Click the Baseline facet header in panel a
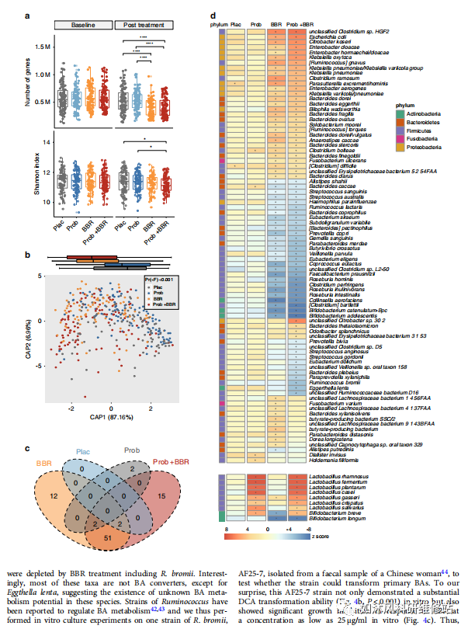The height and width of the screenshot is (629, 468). coord(83,25)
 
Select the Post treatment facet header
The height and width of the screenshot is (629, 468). coord(144,25)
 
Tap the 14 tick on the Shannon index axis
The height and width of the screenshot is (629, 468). coord(47,143)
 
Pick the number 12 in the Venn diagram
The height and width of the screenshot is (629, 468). coord(51,495)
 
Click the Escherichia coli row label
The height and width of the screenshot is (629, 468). coord(331,36)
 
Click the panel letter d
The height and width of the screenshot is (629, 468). coord(213,15)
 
